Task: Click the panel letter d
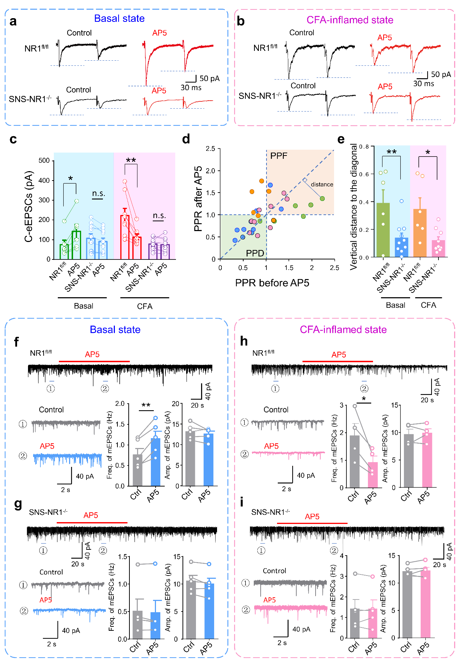coord(186,139)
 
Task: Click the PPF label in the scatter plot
coord(279,156)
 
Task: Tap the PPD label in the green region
coord(255,253)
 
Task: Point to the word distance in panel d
coord(322,184)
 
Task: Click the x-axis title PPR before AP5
coord(272,283)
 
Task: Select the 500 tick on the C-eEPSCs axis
coord(44,161)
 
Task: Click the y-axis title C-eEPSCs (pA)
coord(28,206)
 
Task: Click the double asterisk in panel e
coord(391,152)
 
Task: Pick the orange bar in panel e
coord(420,233)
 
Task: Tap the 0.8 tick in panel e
coord(364,146)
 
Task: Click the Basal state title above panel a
coord(119,19)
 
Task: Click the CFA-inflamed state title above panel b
coord(350,20)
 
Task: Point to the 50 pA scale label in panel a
coord(209,78)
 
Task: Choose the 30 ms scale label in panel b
coord(424,84)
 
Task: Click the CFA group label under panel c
coord(145,306)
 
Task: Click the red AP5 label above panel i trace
coord(312,517)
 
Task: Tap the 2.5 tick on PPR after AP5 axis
coord(211,149)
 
